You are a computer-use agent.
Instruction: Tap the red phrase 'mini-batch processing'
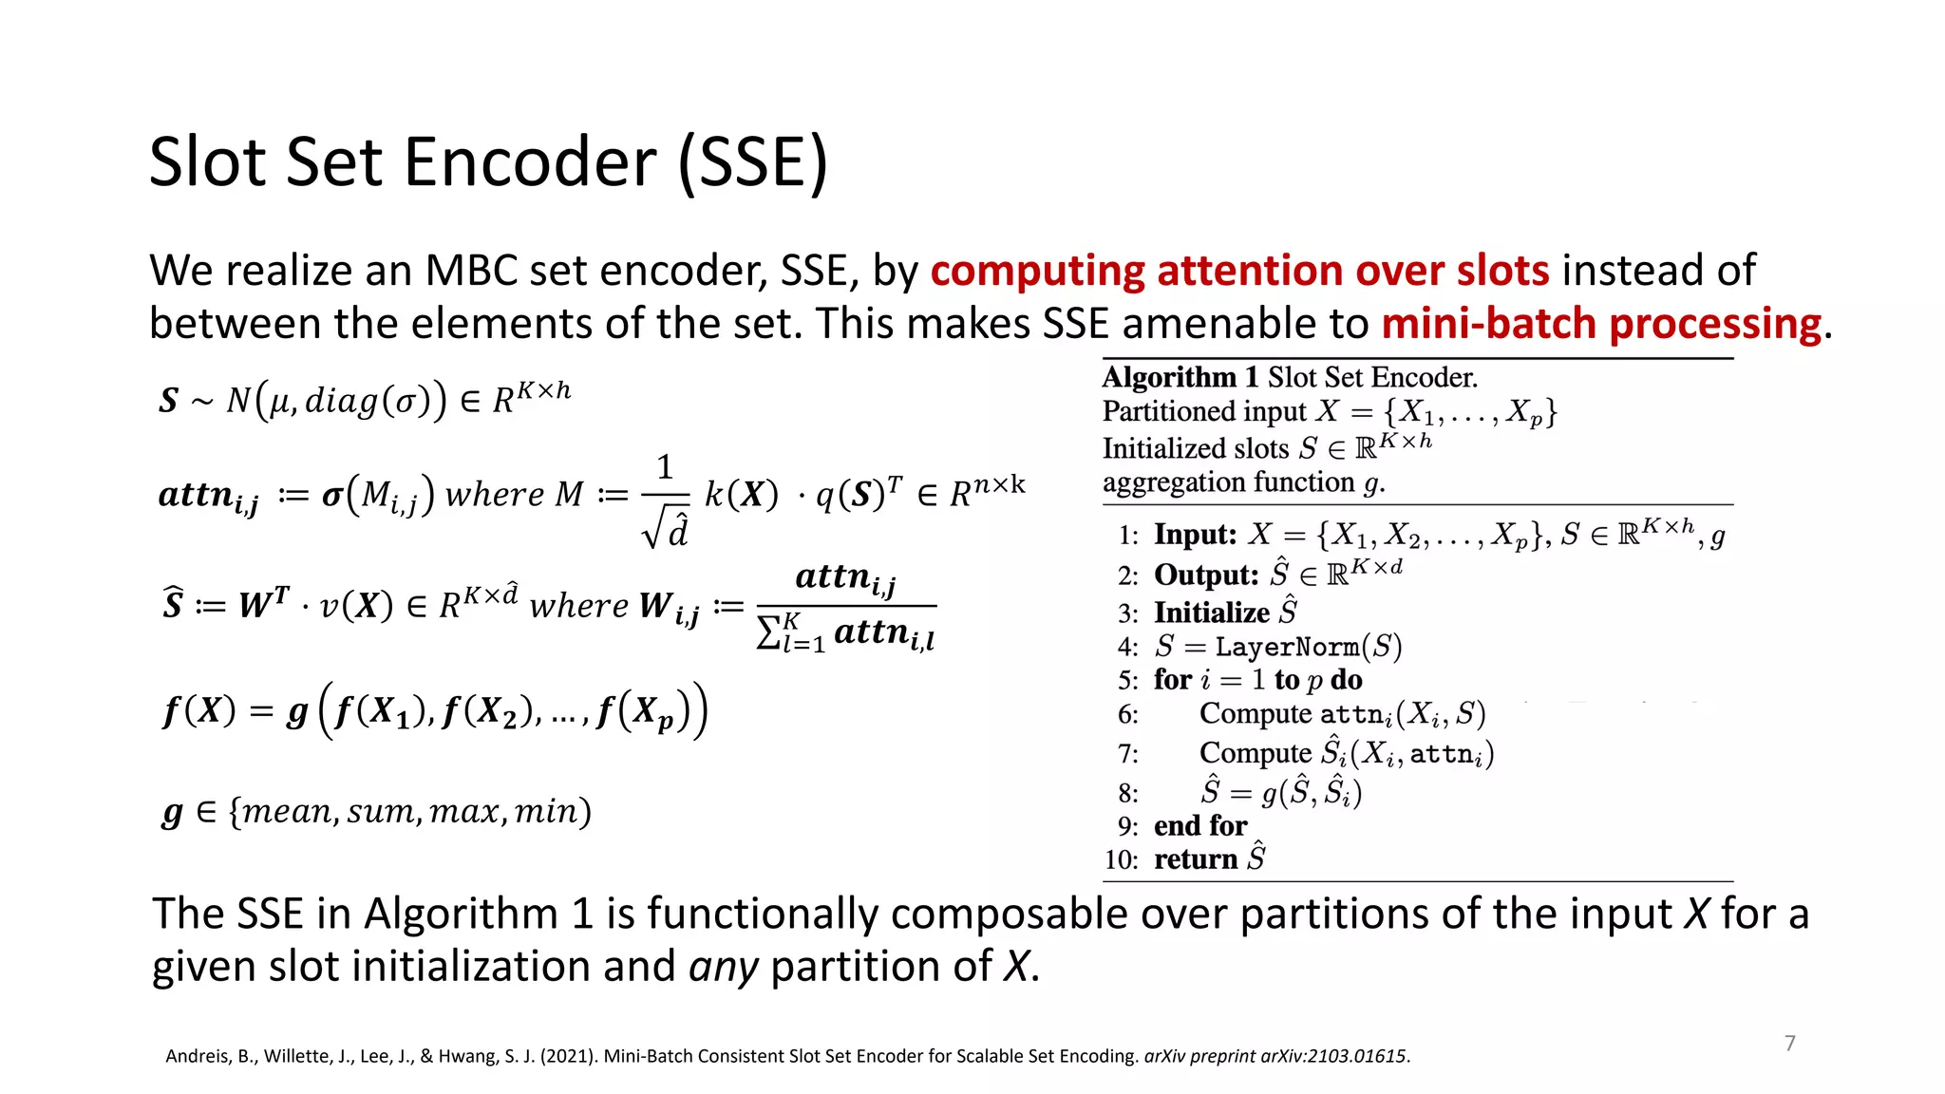click(x=1601, y=324)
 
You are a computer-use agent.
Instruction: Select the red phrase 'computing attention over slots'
click(x=1239, y=271)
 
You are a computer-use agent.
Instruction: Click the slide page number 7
click(x=1790, y=1044)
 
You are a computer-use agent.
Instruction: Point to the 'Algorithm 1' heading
click(x=1169, y=378)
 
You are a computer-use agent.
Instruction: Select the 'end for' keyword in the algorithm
click(x=1200, y=826)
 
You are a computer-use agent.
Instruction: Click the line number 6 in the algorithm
click(x=1127, y=714)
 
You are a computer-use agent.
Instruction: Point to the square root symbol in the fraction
click(x=652, y=530)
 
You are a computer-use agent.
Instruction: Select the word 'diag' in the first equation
click(x=341, y=401)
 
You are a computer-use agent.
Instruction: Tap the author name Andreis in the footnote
click(x=198, y=1056)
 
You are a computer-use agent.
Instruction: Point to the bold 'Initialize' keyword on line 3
click(x=1211, y=613)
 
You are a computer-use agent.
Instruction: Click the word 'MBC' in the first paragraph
click(x=470, y=271)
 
